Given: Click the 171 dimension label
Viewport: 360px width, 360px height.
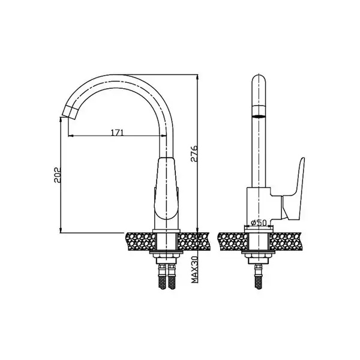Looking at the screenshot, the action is (x=118, y=133).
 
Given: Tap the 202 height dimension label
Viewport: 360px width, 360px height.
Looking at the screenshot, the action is (x=57, y=175).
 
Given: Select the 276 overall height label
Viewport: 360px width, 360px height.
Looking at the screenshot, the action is (x=194, y=154).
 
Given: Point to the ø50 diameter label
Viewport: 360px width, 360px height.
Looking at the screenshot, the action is (x=259, y=223).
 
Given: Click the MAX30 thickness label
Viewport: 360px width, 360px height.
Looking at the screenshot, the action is (x=194, y=269).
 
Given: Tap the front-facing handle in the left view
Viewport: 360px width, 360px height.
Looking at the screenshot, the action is (x=166, y=188).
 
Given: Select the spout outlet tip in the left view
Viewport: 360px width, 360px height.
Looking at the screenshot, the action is (x=70, y=113).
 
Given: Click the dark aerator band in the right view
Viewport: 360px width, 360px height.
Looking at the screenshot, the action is (x=259, y=116).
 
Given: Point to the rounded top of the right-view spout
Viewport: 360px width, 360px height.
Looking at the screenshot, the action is (x=259, y=79).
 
